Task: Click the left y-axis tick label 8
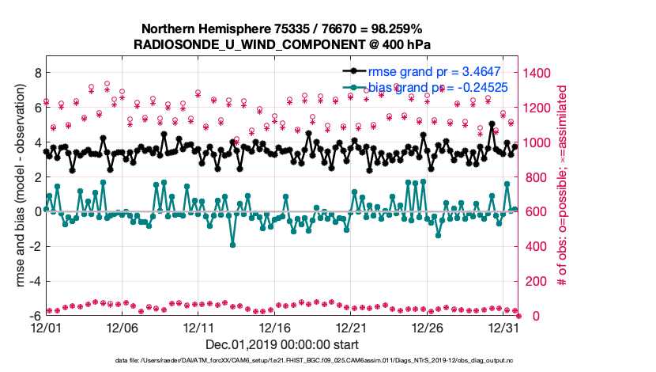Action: (x=36, y=73)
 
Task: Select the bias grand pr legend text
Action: (x=437, y=87)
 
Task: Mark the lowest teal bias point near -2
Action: (x=232, y=245)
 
